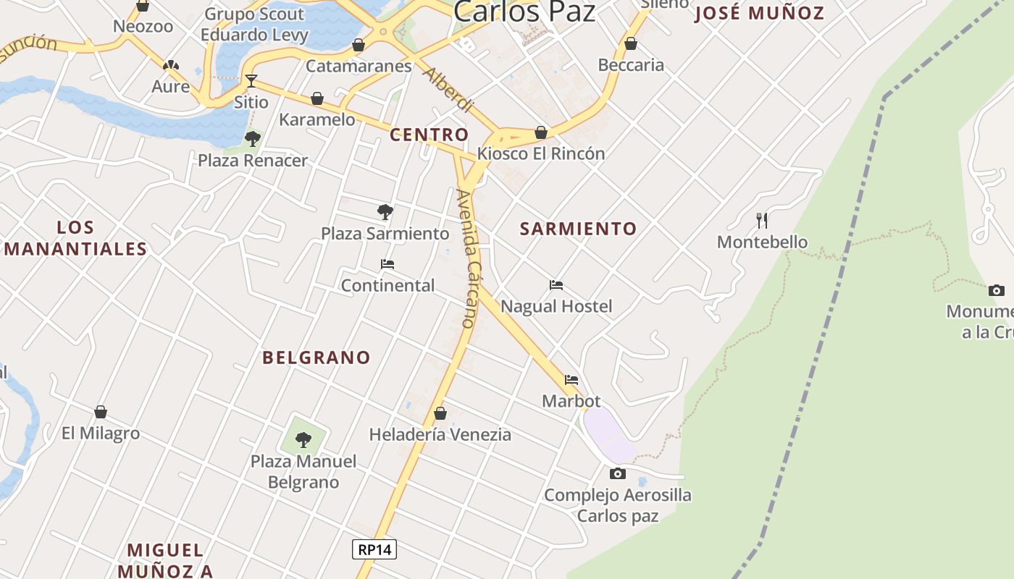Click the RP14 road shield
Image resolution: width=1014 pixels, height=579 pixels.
click(374, 549)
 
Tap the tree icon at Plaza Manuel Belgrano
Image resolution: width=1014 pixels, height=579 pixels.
click(303, 439)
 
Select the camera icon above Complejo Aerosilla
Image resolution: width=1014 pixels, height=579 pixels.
click(618, 474)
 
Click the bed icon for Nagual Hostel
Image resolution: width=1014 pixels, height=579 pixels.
click(556, 285)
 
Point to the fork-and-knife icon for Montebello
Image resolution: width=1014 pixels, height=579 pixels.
click(762, 220)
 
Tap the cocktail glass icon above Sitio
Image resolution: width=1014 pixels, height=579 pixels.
click(251, 80)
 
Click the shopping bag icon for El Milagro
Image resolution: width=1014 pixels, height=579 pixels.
click(101, 412)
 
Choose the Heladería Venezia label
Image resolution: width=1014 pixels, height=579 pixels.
click(440, 434)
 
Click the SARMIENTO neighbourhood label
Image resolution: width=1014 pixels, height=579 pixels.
click(578, 229)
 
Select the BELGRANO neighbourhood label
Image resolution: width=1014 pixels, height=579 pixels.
click(317, 358)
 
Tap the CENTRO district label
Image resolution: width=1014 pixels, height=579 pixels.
click(430, 135)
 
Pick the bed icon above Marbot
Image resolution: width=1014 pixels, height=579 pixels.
click(571, 380)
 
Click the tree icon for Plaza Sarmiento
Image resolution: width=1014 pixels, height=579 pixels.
click(385, 212)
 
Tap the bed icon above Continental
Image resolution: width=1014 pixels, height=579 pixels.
click(387, 264)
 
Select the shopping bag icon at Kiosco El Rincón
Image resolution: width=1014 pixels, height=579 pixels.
click(541, 132)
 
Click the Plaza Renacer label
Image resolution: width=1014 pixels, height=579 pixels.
click(253, 160)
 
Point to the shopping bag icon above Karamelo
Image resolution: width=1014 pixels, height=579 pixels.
click(317, 98)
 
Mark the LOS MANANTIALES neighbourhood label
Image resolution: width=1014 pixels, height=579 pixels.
click(76, 238)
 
